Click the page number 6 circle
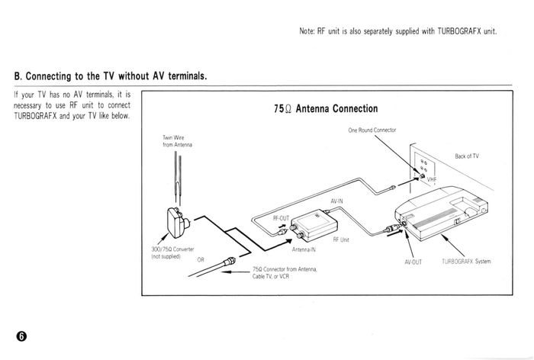(21, 336)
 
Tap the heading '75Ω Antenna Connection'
(326, 108)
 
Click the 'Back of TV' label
(467, 156)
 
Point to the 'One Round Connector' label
(372, 130)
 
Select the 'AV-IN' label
(336, 201)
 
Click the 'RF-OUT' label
(281, 218)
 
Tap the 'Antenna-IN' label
(304, 249)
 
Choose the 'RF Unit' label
(341, 239)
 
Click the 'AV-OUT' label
(413, 262)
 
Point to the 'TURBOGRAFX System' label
(466, 262)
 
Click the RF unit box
(314, 225)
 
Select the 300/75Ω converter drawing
(178, 223)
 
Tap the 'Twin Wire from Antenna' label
(177, 141)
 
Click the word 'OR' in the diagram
(201, 260)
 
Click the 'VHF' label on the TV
(432, 179)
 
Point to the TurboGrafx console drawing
(442, 213)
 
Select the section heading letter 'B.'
(18, 76)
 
